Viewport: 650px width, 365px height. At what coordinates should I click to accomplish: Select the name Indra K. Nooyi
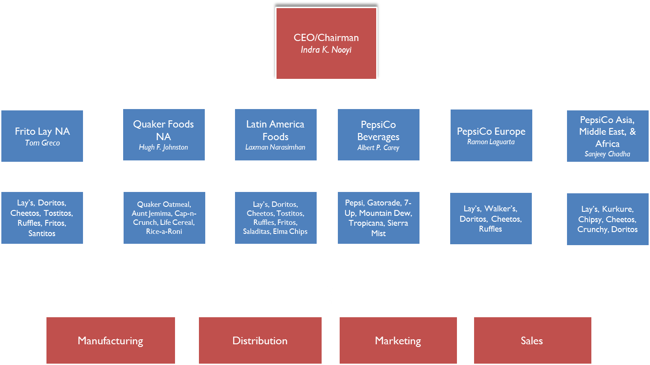(326, 50)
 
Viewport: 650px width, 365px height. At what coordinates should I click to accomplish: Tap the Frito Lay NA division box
(42, 136)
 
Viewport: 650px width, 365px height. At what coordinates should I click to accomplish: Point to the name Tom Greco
(42, 143)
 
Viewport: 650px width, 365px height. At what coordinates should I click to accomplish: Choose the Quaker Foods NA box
(164, 134)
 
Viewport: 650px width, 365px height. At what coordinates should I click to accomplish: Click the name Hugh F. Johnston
(163, 147)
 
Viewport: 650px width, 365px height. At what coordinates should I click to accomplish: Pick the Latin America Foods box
(275, 134)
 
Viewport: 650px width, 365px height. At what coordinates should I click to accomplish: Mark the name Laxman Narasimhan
(275, 147)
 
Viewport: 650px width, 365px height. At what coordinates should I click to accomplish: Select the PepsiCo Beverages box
(378, 134)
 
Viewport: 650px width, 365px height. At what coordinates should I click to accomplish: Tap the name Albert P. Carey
(378, 148)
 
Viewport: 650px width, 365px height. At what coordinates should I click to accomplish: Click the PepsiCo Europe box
(491, 135)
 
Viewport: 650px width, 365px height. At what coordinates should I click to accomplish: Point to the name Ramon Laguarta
(491, 142)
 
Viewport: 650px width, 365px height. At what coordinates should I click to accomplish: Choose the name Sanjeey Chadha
(607, 154)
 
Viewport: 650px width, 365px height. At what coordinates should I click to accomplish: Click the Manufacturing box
(111, 341)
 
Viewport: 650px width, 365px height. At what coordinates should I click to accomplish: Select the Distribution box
(260, 341)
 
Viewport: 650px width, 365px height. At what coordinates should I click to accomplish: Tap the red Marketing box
(398, 341)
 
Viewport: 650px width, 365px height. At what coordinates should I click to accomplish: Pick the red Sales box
(532, 341)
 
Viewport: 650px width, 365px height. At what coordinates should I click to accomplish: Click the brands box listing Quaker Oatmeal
(164, 218)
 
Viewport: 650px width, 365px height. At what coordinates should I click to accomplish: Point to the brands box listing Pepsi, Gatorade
(378, 218)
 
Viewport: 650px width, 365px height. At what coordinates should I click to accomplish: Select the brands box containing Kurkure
(608, 219)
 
